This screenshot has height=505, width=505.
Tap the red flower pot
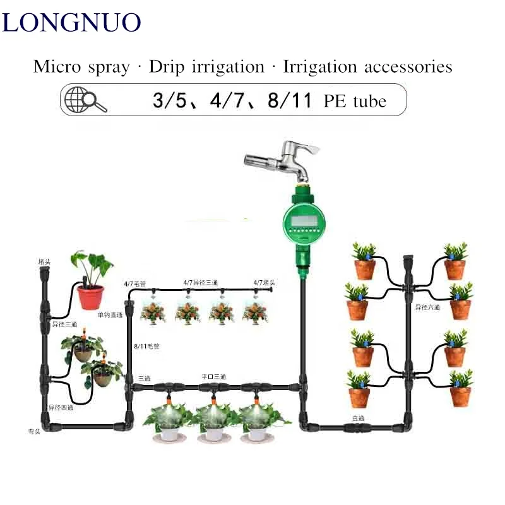[90, 296]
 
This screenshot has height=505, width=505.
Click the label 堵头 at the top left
[45, 260]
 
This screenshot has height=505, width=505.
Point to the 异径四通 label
[61, 407]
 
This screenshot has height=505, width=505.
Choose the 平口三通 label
[213, 376]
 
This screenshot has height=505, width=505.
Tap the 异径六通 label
[427, 307]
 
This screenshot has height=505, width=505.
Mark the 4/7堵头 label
[264, 282]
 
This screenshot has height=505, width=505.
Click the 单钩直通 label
[110, 314]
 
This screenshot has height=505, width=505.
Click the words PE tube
[355, 100]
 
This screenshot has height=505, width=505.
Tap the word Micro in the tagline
[56, 66]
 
